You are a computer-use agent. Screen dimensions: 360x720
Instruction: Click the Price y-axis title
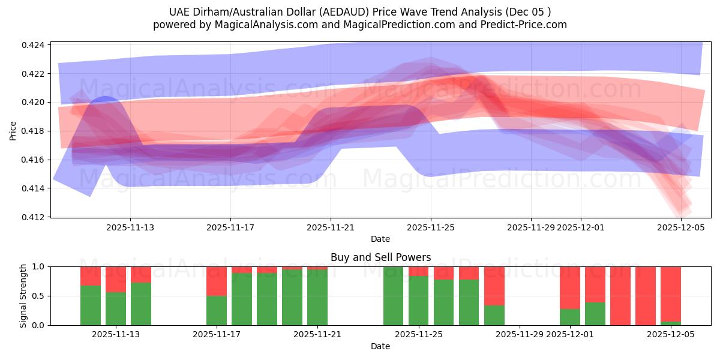(x=13, y=130)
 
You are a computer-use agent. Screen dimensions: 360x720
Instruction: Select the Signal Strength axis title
(x=23, y=296)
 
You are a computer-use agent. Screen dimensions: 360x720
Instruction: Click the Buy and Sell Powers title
(x=380, y=257)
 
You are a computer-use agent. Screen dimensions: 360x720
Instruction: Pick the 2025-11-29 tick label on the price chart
(x=531, y=227)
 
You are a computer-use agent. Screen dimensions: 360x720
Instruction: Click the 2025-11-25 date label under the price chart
(x=430, y=227)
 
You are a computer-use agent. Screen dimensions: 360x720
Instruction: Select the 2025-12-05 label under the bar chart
(x=670, y=335)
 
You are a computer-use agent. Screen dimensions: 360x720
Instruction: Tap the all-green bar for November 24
(x=394, y=296)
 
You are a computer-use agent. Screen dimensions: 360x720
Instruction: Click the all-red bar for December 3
(x=620, y=296)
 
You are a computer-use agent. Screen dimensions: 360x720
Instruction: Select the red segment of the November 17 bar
(x=216, y=281)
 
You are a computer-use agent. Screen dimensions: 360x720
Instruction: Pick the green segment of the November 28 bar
(x=494, y=315)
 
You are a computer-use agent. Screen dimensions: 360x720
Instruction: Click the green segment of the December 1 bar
(x=570, y=317)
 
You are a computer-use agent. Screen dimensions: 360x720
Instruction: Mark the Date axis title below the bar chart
(x=380, y=346)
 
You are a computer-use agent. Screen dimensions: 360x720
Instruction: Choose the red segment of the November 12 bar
(x=116, y=279)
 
